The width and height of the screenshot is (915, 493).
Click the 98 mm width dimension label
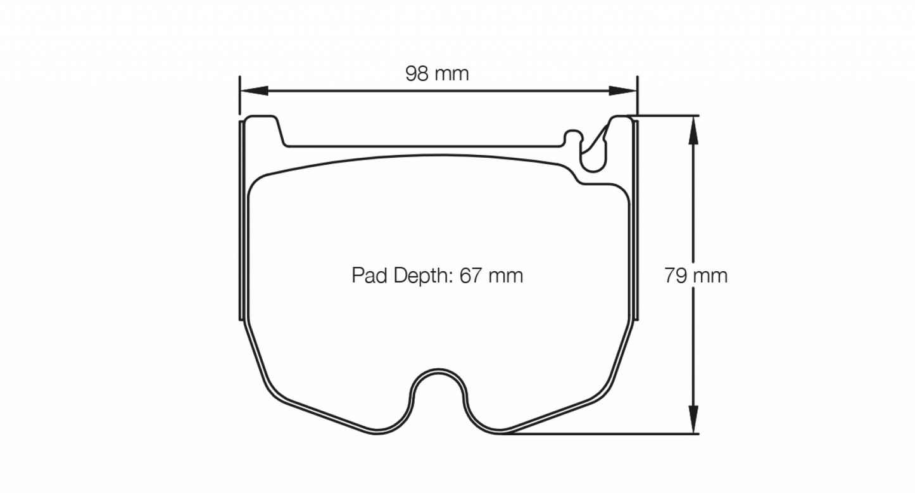click(x=437, y=74)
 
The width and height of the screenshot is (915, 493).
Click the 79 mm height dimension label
click(x=695, y=276)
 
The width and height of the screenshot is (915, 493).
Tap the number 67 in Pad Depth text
click(x=472, y=276)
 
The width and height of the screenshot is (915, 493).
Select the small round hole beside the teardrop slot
click(x=572, y=137)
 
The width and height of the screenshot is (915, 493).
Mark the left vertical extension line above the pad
click(x=240, y=95)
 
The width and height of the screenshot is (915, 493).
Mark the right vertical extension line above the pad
click(x=637, y=95)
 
